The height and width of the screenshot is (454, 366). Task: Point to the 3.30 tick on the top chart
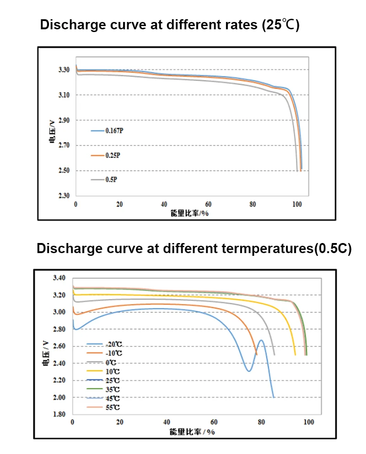click(64, 70)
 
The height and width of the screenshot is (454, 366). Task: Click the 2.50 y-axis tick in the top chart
click(64, 171)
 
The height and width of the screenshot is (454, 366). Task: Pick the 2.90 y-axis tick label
click(64, 120)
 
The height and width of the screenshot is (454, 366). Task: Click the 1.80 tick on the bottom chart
click(59, 415)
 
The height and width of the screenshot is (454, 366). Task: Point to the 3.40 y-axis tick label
click(59, 278)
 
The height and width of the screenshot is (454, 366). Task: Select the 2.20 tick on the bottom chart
click(59, 380)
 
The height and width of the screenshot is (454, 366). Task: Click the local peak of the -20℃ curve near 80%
click(261, 340)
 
